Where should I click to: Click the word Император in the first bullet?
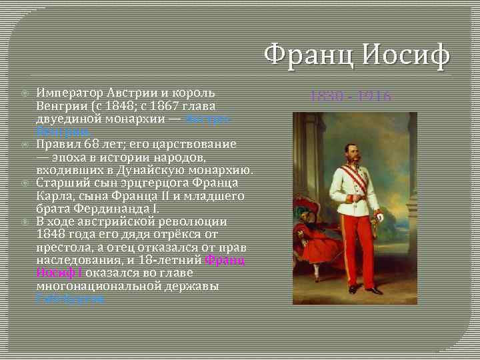point(69,93)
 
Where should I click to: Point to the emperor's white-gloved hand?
point(379,216)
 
